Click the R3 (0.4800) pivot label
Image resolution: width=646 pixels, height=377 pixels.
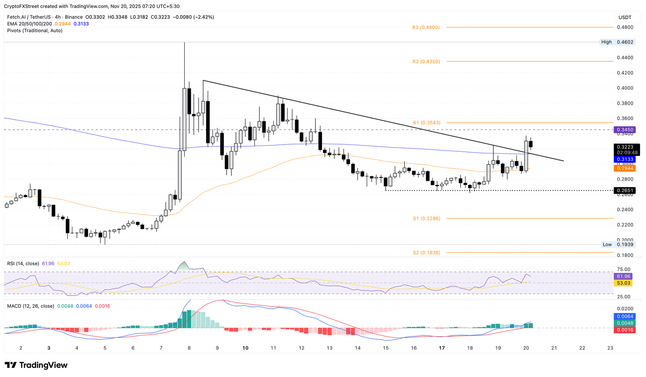point(426,27)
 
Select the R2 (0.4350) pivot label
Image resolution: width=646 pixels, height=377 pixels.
point(426,61)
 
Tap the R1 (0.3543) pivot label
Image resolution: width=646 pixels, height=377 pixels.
point(426,123)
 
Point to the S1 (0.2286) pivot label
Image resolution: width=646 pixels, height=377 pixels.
point(426,219)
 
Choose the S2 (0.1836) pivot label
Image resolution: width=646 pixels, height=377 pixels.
point(426,253)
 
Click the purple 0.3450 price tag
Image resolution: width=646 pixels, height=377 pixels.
point(625,130)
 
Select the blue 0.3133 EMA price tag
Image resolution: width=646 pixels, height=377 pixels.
point(625,159)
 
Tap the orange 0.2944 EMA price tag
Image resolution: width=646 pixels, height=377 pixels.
point(625,168)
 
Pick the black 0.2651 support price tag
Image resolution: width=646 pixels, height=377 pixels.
point(625,190)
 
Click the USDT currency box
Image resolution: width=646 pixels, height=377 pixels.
point(625,17)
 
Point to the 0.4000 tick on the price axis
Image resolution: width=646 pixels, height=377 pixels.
point(625,88)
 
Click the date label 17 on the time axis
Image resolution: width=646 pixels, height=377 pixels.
point(442,348)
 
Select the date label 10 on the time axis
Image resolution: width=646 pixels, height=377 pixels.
point(245,348)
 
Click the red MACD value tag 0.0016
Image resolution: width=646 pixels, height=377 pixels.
point(625,330)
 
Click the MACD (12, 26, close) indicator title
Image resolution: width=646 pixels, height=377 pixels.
point(30,306)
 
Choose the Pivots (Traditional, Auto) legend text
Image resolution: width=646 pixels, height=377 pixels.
point(34,31)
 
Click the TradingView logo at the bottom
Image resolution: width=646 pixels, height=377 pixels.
point(36,365)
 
